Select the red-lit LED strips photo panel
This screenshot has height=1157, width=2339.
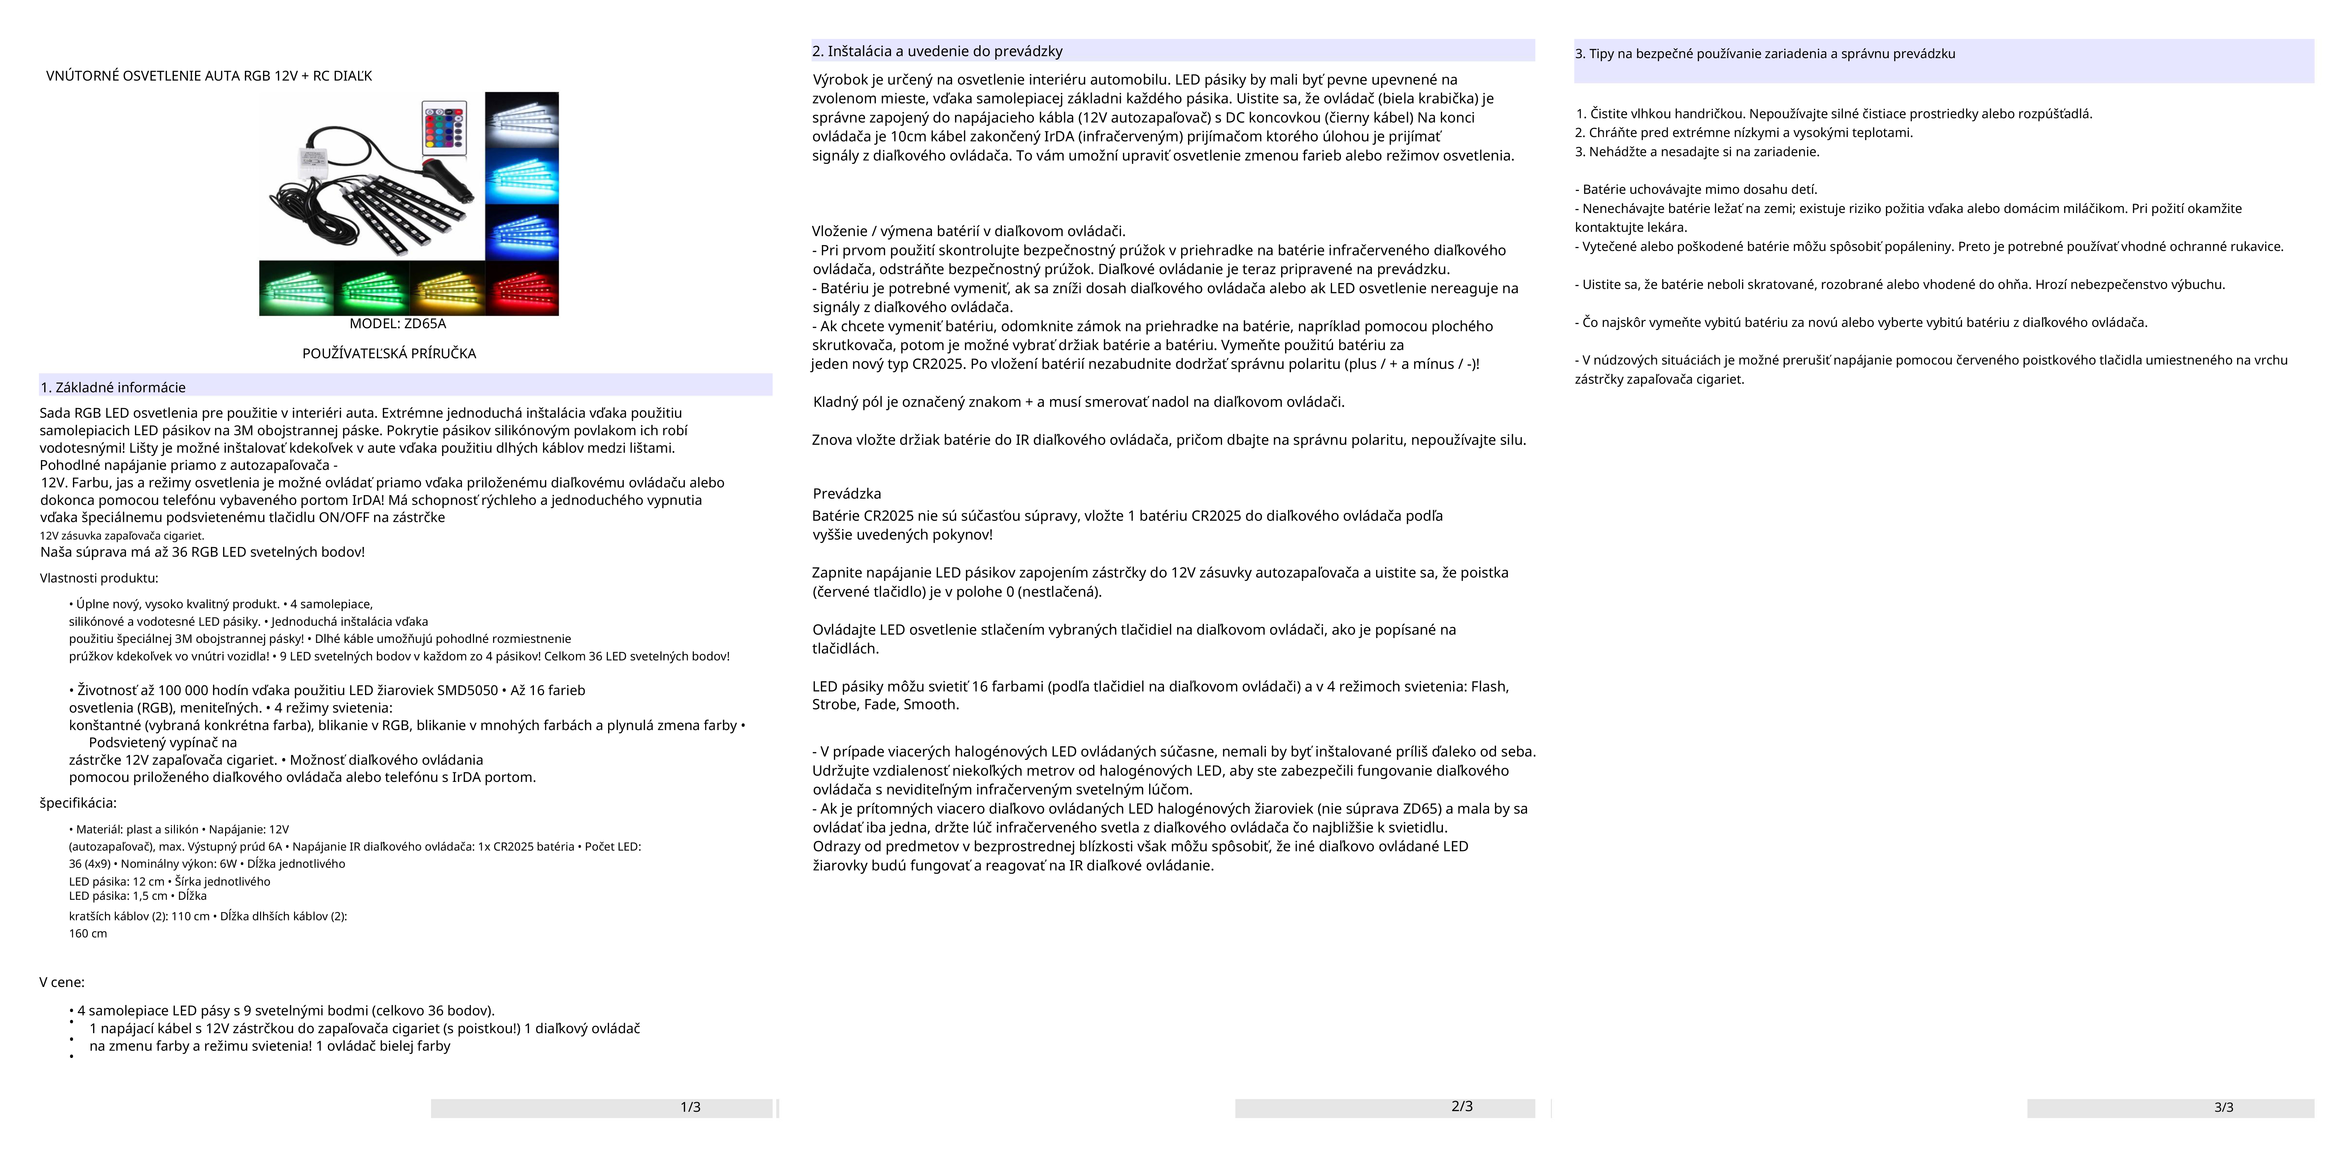click(x=522, y=288)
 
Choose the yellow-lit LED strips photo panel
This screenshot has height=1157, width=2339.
click(x=447, y=288)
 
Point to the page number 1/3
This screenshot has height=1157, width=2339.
click(x=690, y=1107)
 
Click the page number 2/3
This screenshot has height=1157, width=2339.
click(x=1462, y=1106)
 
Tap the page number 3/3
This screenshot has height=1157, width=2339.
click(x=2223, y=1107)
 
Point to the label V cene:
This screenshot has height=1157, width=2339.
click(x=62, y=982)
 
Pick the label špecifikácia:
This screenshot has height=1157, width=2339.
click(x=78, y=803)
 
